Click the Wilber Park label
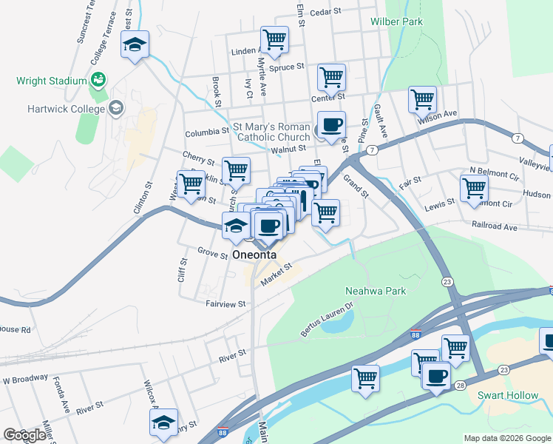point(396,21)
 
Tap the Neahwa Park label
point(376,291)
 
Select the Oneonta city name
point(254,255)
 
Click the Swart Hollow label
point(509,395)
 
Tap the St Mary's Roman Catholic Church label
point(272,132)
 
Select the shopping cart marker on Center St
point(332,77)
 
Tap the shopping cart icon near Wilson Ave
point(421,98)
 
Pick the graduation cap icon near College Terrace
point(135,44)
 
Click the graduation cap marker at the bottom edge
point(164,423)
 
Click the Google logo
point(24,435)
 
